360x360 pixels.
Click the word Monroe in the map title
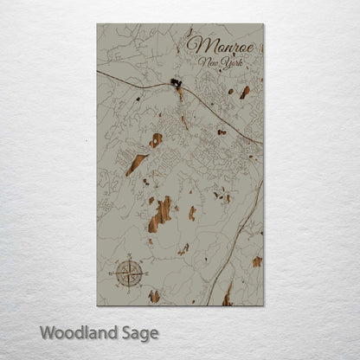(221, 45)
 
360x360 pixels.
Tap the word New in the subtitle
(207, 62)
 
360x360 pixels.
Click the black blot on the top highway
(177, 84)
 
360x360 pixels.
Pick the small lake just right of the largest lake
(191, 213)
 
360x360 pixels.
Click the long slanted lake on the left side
(135, 164)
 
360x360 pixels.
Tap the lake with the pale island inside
(156, 139)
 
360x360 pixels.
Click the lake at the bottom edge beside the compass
(154, 296)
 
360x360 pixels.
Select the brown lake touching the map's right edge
(257, 260)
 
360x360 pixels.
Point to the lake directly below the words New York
(245, 91)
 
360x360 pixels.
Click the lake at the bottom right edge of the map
(228, 296)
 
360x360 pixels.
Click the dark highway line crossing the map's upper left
(130, 79)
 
